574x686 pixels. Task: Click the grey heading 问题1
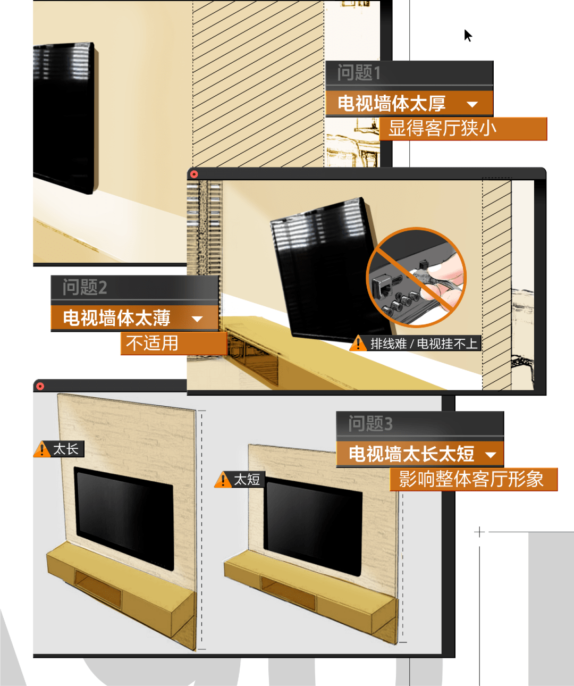pos(359,73)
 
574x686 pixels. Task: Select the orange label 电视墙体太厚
pos(392,104)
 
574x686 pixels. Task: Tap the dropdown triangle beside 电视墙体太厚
pos(472,104)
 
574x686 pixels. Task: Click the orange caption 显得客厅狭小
pos(442,129)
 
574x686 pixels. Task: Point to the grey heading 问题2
pos(85,287)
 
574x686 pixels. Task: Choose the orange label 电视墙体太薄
pos(116,318)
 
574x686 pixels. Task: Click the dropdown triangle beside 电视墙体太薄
pos(198,319)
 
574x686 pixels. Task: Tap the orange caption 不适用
pos(152,343)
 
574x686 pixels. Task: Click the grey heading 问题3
pos(370,424)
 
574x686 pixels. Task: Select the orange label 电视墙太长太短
pos(411,454)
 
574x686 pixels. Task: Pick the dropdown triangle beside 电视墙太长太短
pos(491,455)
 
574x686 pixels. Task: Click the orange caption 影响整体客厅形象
pos(471,479)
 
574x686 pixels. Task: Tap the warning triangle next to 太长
pos(42,449)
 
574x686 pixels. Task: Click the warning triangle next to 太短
pos(223,480)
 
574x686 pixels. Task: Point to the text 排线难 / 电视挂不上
pos(424,344)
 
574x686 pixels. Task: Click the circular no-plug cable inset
pos(416,277)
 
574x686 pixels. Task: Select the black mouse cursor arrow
pos(467,35)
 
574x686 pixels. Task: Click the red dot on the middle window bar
pos(194,174)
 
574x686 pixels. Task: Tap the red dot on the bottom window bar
pos(40,386)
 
